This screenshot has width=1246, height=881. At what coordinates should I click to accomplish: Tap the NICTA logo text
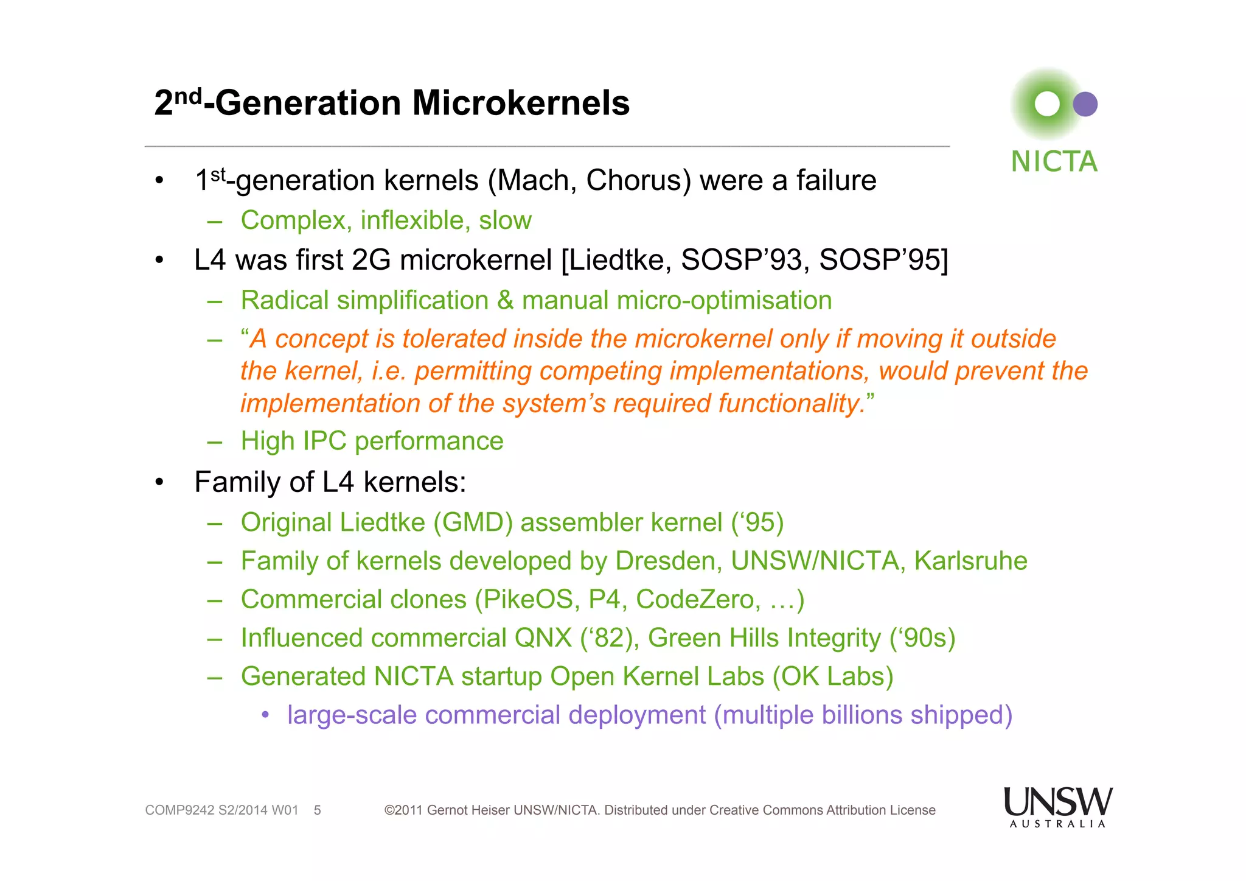pyautogui.click(x=1054, y=162)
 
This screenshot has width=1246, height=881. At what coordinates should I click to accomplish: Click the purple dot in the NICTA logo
pyautogui.click(x=1085, y=104)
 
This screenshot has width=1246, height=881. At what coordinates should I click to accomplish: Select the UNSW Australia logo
pyautogui.click(x=1057, y=806)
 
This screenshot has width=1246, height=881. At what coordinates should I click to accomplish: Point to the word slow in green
pyautogui.click(x=505, y=220)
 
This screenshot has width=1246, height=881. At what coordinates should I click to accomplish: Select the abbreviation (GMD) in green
pyautogui.click(x=473, y=522)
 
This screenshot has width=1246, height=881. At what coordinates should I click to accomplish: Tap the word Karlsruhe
pyautogui.click(x=970, y=561)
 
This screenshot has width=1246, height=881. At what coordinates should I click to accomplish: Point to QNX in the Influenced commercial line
pyautogui.click(x=543, y=638)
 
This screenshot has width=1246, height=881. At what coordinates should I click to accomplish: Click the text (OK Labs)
pyautogui.click(x=832, y=676)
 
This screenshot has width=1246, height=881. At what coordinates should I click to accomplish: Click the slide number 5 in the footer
pyautogui.click(x=317, y=810)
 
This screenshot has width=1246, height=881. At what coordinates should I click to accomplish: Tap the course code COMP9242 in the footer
pyautogui.click(x=179, y=810)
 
